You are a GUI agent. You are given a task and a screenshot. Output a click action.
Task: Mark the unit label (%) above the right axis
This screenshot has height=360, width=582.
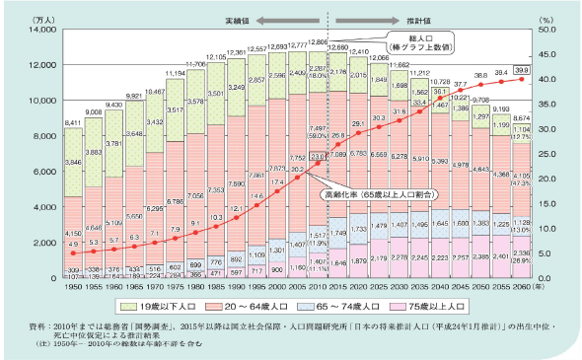tap(544, 18)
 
